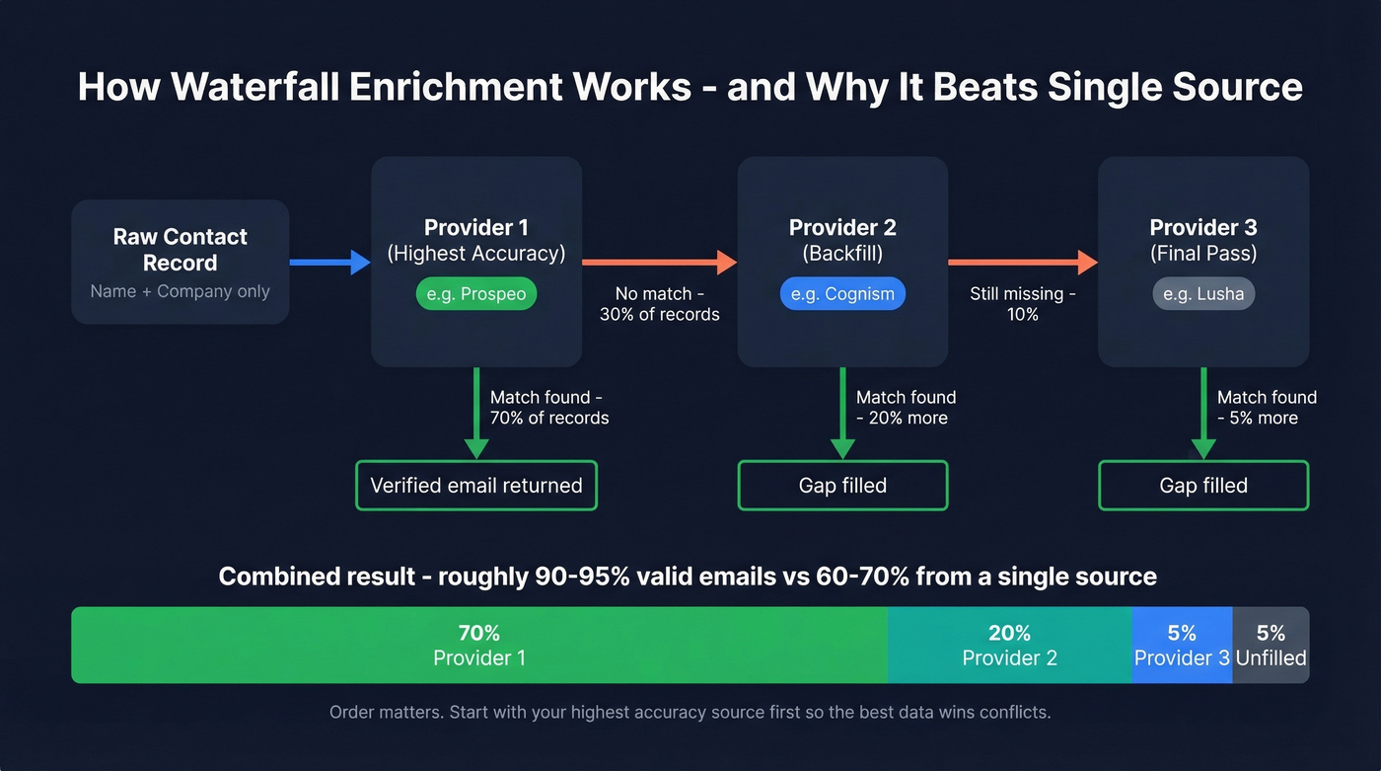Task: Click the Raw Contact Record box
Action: point(180,262)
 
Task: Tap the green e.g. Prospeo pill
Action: point(475,294)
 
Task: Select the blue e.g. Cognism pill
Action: point(841,294)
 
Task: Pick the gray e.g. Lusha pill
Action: point(1203,294)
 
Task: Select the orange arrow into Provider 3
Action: point(1022,262)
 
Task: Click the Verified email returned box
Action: point(475,486)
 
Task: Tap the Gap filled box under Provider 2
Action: point(842,486)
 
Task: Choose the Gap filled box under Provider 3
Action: point(1203,486)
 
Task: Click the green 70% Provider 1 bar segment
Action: point(478,645)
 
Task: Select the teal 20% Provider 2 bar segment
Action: point(1009,645)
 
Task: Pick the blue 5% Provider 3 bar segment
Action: point(1182,645)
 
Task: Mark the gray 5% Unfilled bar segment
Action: point(1271,645)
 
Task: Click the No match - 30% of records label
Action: point(659,304)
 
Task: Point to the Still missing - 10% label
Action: point(1022,304)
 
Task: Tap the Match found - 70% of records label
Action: point(548,408)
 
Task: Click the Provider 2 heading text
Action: point(842,228)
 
